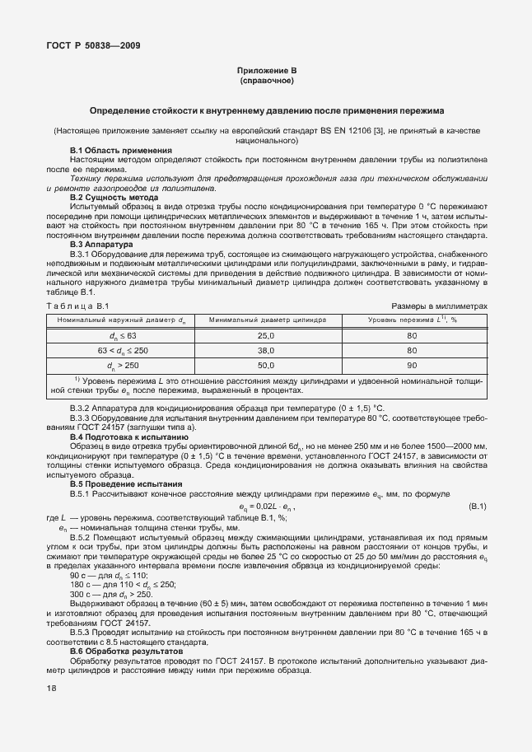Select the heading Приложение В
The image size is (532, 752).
click(266, 72)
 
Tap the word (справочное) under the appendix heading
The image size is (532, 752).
click(266, 82)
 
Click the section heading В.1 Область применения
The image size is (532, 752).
click(121, 151)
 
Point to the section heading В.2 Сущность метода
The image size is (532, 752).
click(114, 198)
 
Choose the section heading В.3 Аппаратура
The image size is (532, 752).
click(100, 245)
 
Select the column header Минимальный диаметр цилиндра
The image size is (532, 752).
click(268, 320)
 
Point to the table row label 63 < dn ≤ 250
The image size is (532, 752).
click(123, 350)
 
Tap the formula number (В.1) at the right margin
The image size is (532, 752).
click(477, 506)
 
